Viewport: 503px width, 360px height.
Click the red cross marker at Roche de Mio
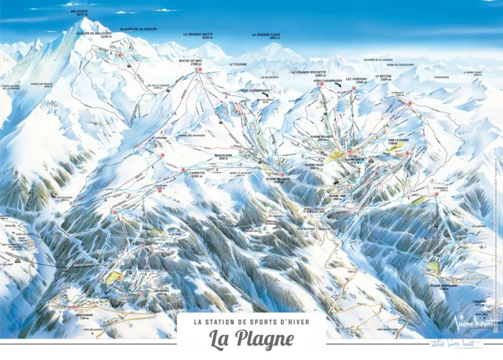200,69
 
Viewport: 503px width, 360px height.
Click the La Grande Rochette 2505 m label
308,74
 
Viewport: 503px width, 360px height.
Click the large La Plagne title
251,339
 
